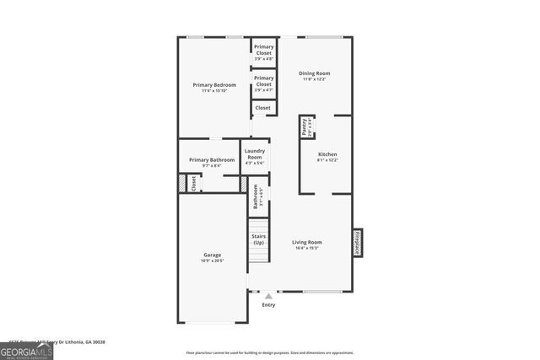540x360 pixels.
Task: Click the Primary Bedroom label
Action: tap(213, 85)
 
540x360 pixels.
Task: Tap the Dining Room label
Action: tap(313, 73)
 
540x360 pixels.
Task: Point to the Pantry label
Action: tap(305, 127)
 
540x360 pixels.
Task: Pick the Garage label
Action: tap(212, 255)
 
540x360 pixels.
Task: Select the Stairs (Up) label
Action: tap(259, 239)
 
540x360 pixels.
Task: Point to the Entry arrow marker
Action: tap(268, 296)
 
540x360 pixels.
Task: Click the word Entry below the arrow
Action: tap(268, 305)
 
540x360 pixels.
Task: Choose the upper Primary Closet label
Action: tap(263, 49)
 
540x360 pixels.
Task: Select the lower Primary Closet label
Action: tap(263, 81)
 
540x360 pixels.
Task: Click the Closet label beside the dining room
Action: tap(263, 108)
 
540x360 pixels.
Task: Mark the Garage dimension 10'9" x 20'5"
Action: tap(212, 261)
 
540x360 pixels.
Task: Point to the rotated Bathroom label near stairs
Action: tap(256, 196)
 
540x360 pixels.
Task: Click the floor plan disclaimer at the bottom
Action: tap(270, 352)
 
